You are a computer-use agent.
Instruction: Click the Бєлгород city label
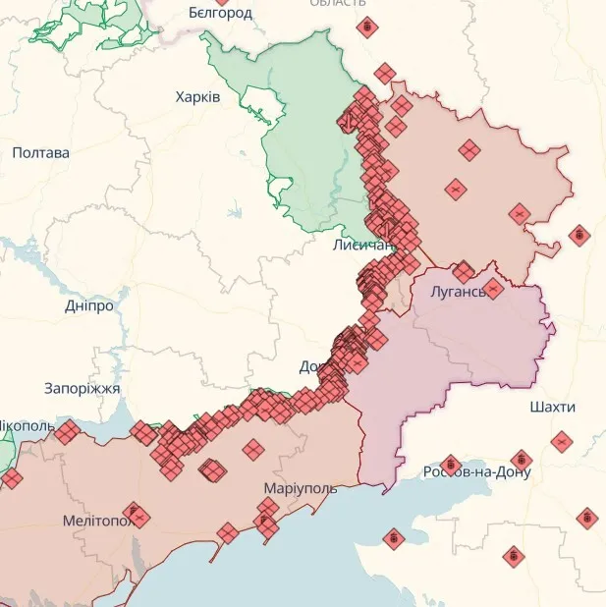220,13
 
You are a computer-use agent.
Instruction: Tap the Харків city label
197,97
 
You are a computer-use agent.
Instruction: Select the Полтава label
41,153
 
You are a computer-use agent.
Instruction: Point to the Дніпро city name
89,305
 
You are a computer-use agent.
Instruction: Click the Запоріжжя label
82,389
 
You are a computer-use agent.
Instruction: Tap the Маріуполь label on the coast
300,488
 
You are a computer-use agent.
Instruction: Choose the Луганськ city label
458,292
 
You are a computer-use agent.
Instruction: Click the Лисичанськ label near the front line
363,245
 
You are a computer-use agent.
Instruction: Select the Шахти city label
552,407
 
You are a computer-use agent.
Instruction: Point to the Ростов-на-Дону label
476,472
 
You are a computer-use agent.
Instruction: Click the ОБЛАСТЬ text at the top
338,4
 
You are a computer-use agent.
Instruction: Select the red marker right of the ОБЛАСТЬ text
367,27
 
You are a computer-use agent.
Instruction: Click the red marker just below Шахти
561,442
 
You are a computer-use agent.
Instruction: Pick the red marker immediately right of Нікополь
67,431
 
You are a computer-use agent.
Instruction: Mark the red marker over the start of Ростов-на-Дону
451,465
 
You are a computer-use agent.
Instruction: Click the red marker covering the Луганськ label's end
493,288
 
